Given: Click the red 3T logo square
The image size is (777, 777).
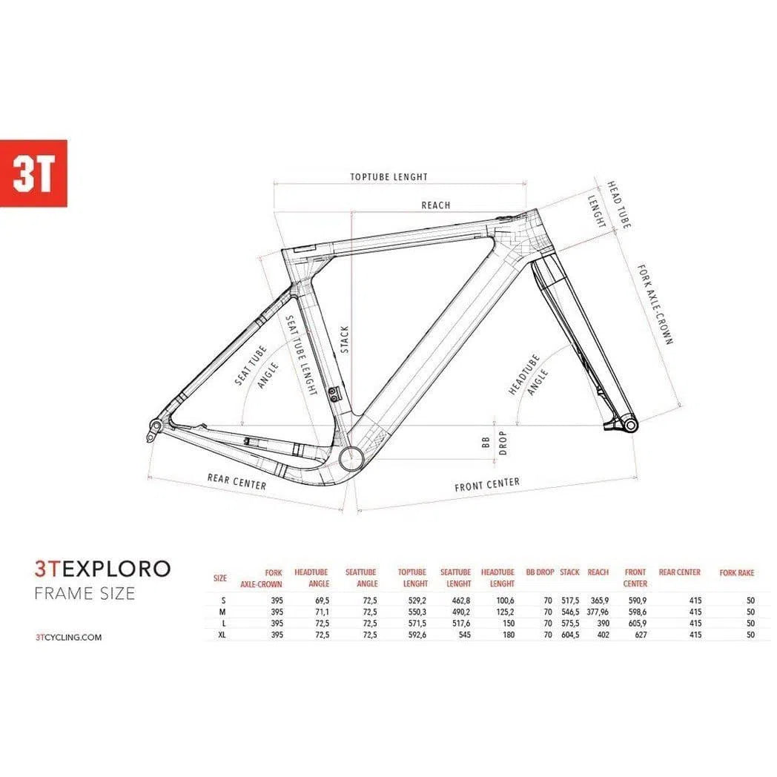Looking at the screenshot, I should tap(33, 173).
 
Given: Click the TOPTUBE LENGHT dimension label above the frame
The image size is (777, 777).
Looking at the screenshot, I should tap(389, 177).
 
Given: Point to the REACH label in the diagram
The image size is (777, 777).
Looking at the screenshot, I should tap(435, 205).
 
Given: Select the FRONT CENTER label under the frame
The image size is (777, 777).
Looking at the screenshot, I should tap(487, 484).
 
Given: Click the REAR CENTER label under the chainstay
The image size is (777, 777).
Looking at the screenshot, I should tap(237, 481).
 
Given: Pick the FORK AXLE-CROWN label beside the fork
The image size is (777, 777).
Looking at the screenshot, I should tap(654, 304).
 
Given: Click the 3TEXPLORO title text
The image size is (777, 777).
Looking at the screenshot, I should tap(102, 569).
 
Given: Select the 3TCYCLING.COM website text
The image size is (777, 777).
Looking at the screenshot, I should tap(68, 637).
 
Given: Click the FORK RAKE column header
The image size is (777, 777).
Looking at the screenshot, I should tap(736, 573).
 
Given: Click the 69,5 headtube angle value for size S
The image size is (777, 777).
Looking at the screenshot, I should tap(320, 601).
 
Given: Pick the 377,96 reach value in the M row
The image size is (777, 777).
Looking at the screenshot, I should tap(597, 612).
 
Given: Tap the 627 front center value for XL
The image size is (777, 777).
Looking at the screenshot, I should tap(640, 635).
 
